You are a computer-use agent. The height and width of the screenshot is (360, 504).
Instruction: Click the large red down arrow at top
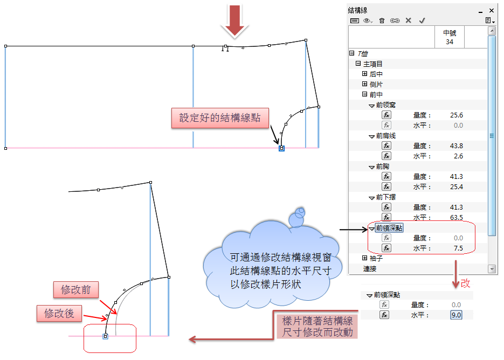click(x=234, y=20)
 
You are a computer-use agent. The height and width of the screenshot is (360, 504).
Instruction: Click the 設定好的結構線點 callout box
click(x=219, y=118)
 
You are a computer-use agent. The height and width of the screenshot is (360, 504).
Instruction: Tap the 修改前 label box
click(x=76, y=290)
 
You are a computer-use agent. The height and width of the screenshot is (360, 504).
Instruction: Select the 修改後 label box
click(x=59, y=313)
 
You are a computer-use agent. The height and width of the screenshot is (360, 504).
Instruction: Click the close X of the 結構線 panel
click(x=492, y=10)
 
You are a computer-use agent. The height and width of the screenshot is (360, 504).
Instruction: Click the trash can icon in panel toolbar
click(x=382, y=20)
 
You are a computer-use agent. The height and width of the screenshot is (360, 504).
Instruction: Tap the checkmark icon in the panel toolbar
click(x=422, y=20)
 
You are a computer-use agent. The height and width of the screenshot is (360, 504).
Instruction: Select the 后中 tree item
click(x=376, y=74)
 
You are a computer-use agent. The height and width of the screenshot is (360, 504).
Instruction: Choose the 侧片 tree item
click(x=376, y=84)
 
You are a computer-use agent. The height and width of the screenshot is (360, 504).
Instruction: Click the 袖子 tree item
click(x=376, y=258)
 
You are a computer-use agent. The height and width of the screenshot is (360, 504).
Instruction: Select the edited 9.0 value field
click(x=456, y=315)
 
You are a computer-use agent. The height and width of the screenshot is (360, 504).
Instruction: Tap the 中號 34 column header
click(x=449, y=37)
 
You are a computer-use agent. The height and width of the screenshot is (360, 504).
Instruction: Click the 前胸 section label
click(x=383, y=167)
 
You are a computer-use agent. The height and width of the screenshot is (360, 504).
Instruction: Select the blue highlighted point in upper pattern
click(x=281, y=148)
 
